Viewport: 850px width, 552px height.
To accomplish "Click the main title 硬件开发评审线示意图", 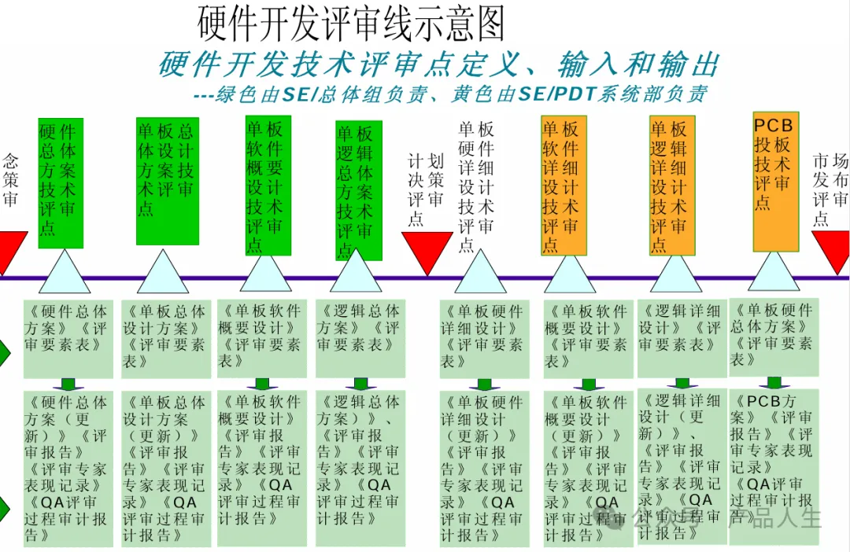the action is click(x=350, y=24).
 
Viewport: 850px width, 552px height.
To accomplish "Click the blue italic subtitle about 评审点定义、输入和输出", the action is click(x=438, y=65).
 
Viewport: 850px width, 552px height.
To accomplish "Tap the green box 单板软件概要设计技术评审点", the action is click(x=268, y=186).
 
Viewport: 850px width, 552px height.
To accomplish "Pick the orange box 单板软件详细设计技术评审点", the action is click(x=564, y=186).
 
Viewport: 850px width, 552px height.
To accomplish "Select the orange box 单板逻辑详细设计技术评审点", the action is click(x=672, y=186).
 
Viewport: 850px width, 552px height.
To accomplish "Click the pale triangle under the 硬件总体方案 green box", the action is click(x=64, y=273).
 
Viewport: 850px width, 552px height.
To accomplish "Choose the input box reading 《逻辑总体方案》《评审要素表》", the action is click(x=358, y=337).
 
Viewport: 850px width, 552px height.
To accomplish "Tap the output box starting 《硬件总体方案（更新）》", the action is click(x=68, y=468).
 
